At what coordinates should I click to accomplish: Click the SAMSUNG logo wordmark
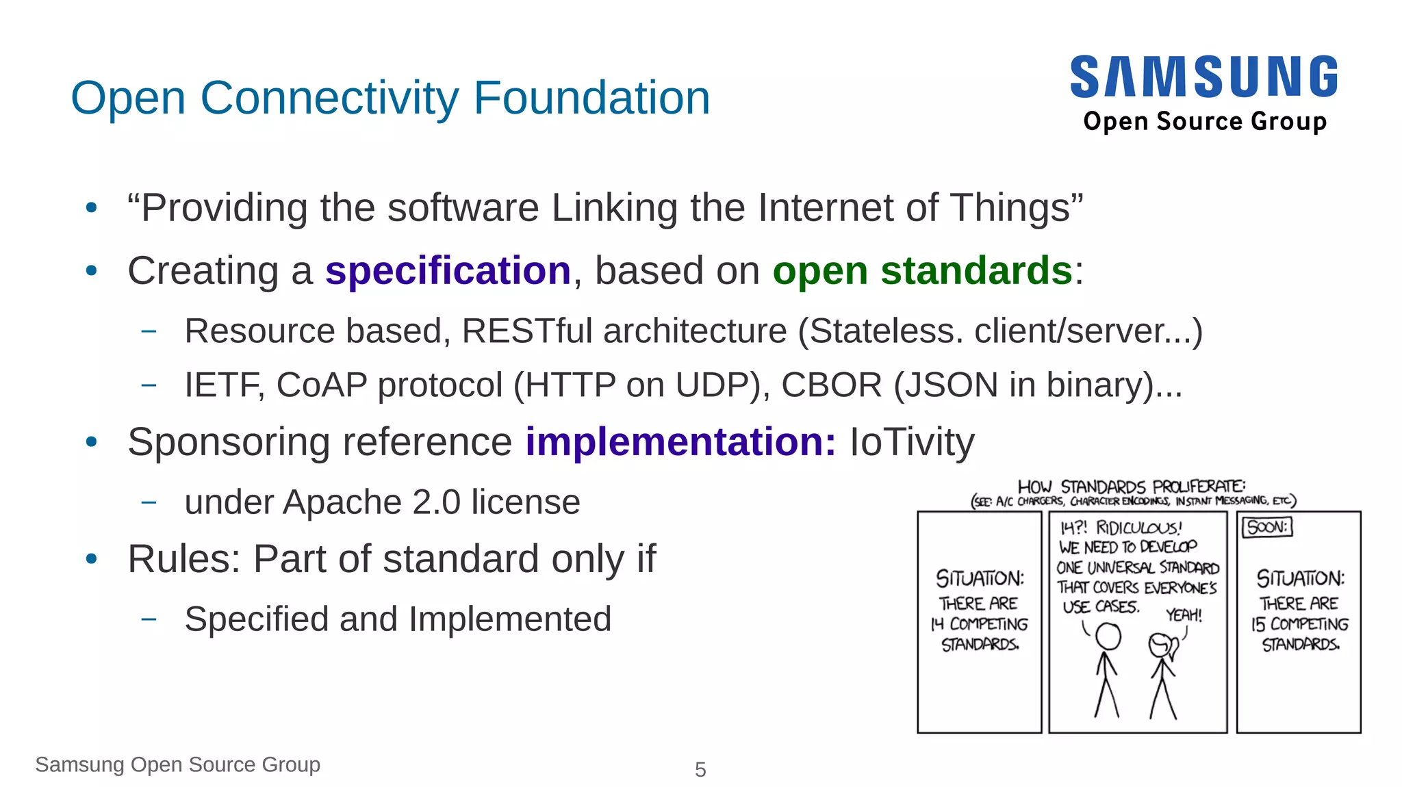tap(1203, 77)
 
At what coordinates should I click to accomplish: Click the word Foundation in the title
tap(591, 98)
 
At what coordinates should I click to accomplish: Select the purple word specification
tap(448, 271)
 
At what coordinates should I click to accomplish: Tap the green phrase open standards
tap(922, 271)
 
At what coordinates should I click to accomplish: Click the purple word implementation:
tap(680, 442)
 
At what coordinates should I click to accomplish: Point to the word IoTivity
tap(912, 442)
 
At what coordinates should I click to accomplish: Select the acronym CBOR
tap(831, 385)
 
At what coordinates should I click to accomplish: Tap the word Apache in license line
tap(342, 503)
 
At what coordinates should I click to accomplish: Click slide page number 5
tap(700, 770)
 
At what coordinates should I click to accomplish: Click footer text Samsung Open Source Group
tap(178, 764)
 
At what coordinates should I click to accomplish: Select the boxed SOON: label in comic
tap(1267, 528)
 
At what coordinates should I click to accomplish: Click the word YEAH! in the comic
tap(1184, 615)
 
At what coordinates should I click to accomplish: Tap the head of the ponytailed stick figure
tap(1160, 645)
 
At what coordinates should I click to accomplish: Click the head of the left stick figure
tap(1108, 637)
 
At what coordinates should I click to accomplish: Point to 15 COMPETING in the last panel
tap(1299, 624)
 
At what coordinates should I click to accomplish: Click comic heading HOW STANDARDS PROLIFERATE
tap(1131, 487)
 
